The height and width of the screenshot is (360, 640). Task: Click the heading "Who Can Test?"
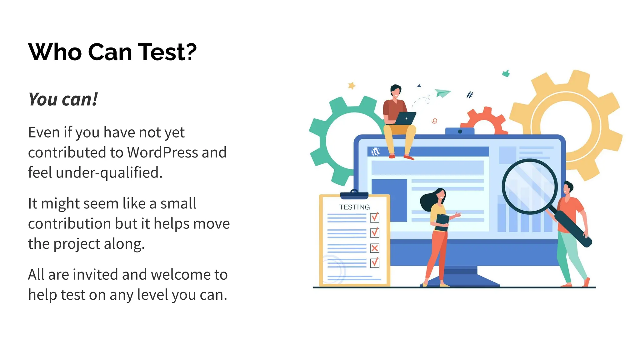112,52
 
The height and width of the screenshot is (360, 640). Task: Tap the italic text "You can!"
63,100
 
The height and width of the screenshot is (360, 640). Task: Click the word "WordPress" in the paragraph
162,152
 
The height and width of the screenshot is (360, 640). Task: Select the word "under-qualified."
109,173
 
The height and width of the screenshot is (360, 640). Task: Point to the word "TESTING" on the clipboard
354,207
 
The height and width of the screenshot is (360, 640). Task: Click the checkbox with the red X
374,248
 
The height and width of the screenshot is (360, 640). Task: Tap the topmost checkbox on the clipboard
374,217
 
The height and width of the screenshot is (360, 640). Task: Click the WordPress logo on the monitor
376,152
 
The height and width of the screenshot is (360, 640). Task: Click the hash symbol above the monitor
469,95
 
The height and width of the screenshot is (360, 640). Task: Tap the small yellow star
352,85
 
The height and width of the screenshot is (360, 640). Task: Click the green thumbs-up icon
506,73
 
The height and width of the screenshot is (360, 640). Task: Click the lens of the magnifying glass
530,187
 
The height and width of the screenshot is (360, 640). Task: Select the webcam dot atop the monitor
460,132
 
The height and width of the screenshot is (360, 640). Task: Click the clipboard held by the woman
442,222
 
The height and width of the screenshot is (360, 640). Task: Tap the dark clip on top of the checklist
354,195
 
